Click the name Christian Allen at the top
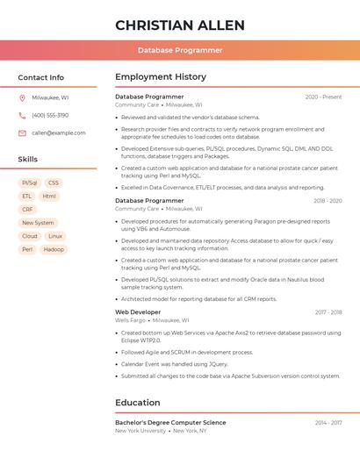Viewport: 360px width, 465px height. (180, 25)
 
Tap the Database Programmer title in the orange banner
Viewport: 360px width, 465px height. (180, 50)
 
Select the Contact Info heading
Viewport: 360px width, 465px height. (41, 77)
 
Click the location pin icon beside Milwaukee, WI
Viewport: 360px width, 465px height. (22, 97)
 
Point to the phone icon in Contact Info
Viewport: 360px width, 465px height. (22, 115)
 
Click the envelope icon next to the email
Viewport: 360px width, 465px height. (22, 132)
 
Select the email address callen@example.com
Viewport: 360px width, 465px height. (59, 132)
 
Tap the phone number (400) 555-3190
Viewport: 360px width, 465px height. (50, 115)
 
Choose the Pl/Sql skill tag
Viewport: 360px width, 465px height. (30, 183)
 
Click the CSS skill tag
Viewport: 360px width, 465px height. (54, 183)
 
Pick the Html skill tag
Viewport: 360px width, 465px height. (49, 197)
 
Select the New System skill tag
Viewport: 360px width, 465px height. (38, 223)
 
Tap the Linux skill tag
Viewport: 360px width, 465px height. (55, 236)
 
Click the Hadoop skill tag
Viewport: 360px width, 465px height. (54, 249)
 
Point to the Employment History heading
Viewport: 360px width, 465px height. (161, 77)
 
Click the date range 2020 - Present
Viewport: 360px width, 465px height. (323, 97)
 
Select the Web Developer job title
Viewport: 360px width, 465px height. (138, 312)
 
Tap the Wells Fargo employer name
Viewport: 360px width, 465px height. (130, 320)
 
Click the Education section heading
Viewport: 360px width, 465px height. (137, 403)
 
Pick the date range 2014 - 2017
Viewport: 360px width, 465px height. (328, 423)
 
